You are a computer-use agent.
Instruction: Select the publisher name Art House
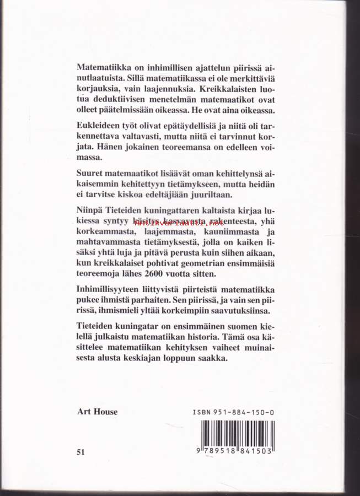(x=97, y=411)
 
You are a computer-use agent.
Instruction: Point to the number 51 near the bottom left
(x=82, y=452)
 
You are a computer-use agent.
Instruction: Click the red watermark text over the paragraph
(x=182, y=223)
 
